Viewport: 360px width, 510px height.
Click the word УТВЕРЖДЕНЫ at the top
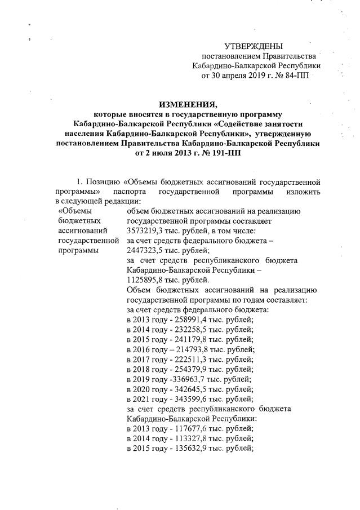(x=254, y=46)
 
